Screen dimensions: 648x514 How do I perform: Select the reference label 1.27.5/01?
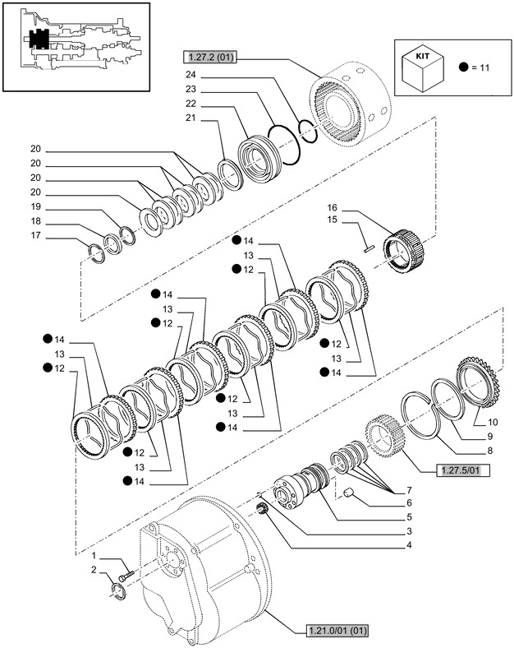tap(443, 470)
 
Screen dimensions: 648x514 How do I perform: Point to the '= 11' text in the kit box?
tap(476, 67)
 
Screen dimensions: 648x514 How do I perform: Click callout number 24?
tap(190, 74)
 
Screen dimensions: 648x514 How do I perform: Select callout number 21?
tap(190, 119)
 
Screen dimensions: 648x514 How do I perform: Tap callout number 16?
tap(333, 207)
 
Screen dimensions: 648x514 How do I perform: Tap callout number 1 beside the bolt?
tap(94, 556)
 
